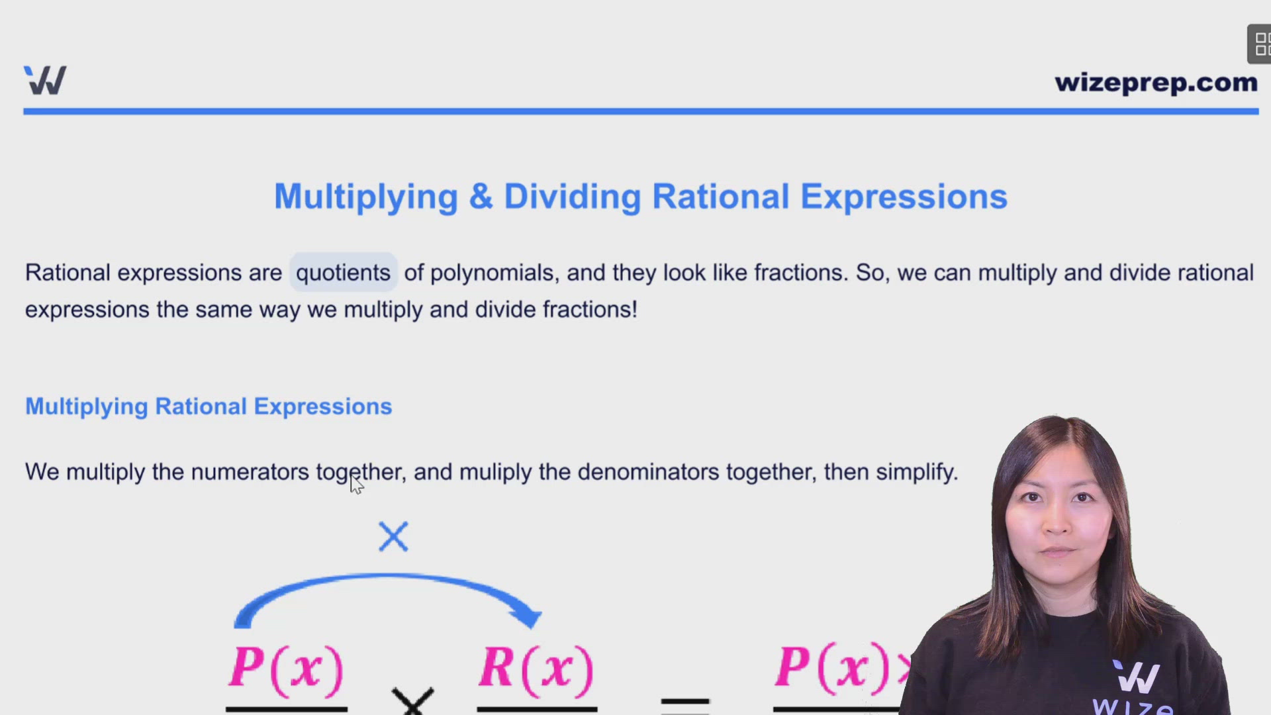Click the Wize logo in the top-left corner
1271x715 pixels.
[45, 80]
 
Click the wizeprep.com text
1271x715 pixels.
[1156, 83]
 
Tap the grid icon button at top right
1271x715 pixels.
[1260, 44]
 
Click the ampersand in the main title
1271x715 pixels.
[481, 197]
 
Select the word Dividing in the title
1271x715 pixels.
[573, 197]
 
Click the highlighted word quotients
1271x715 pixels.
[343, 273]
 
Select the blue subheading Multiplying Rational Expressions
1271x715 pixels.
[209, 406]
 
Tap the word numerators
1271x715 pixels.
[250, 472]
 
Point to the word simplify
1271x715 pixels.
[917, 472]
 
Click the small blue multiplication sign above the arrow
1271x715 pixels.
[393, 536]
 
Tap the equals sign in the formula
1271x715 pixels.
[685, 705]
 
